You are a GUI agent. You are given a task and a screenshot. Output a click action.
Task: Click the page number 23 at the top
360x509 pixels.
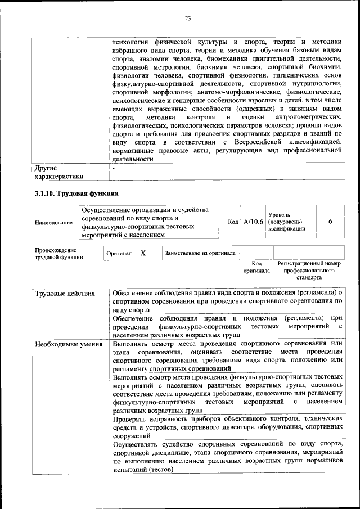point(188,19)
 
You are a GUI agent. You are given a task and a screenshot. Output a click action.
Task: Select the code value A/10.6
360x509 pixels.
point(253,222)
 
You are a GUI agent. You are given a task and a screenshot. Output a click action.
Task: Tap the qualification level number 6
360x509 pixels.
point(330,222)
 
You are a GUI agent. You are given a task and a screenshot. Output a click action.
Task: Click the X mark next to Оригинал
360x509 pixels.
point(143,253)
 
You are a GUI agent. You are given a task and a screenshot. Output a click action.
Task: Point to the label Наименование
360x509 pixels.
point(53,223)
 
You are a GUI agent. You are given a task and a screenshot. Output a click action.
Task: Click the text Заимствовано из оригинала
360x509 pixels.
point(200,253)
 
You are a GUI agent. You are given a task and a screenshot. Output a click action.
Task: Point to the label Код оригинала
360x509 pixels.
point(256,267)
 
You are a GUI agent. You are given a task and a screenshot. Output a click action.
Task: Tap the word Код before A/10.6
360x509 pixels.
point(233,222)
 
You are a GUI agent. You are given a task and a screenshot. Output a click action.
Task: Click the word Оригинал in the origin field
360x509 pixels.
point(119,254)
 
